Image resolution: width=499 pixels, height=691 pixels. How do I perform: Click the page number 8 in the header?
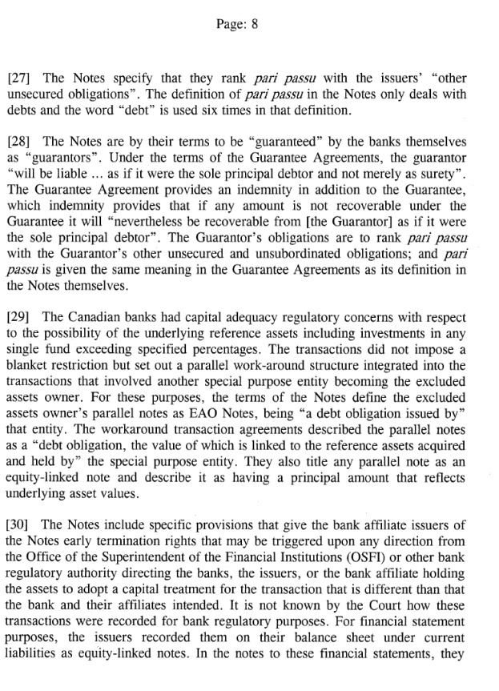254,23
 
